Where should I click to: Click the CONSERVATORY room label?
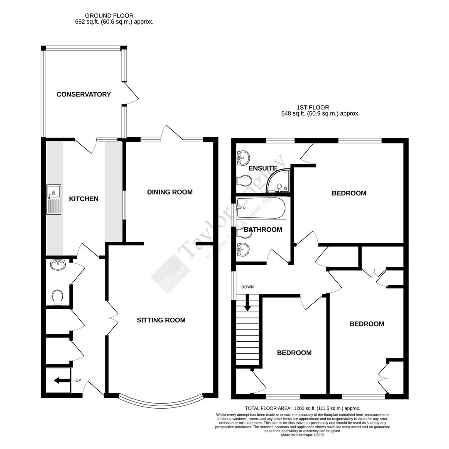click(x=83, y=94)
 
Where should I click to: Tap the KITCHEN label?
click(x=83, y=199)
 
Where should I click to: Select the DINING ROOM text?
click(x=170, y=192)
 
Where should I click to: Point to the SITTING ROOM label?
click(x=161, y=320)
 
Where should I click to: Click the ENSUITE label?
click(x=263, y=168)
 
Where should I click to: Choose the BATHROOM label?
click(x=263, y=229)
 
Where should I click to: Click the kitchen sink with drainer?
click(x=54, y=200)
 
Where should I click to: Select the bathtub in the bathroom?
click(x=261, y=208)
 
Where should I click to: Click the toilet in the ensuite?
click(x=243, y=181)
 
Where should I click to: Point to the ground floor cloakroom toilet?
click(x=58, y=297)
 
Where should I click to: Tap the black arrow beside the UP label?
click(x=61, y=380)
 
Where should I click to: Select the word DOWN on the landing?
click(x=248, y=287)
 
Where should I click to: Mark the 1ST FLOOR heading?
click(x=313, y=107)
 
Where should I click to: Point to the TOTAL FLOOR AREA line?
click(x=302, y=409)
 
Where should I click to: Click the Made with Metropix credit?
click(x=302, y=435)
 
